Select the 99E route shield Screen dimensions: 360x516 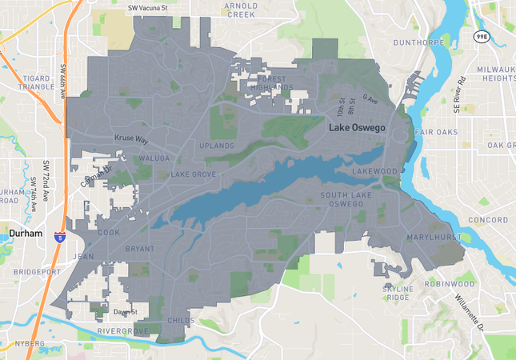tap(481, 37)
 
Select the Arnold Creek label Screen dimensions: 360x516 tap(241, 10)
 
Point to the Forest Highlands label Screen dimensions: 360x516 tap(265, 82)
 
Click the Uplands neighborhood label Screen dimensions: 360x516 tap(217, 146)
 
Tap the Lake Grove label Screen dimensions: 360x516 tap(194, 174)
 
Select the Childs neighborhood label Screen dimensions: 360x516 tap(181, 320)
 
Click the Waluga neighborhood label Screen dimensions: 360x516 tap(154, 158)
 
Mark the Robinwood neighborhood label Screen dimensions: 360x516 tap(450, 283)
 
